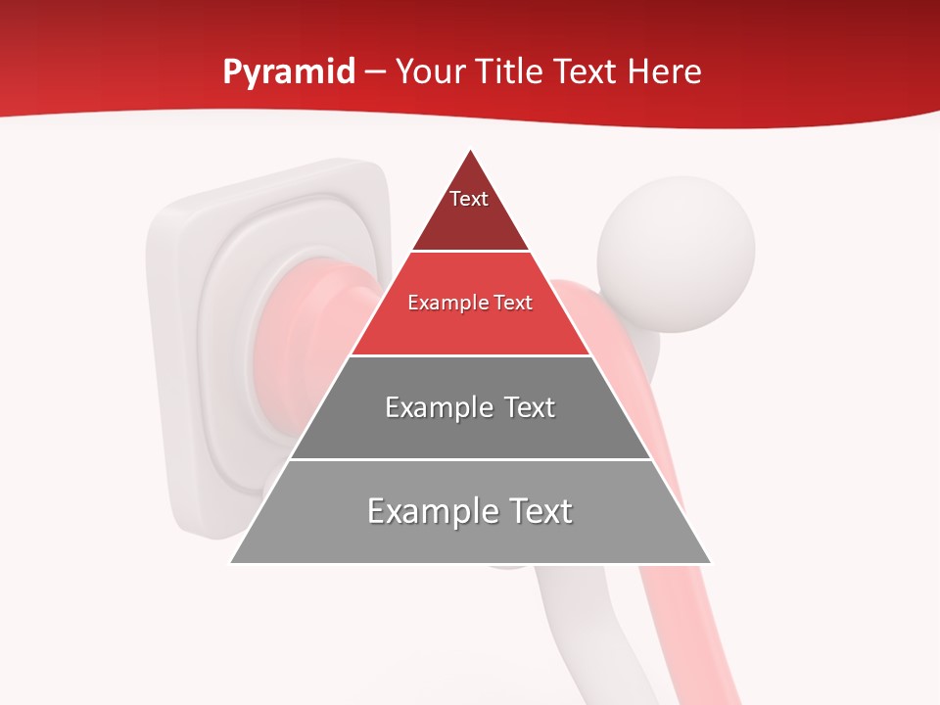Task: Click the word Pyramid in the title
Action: click(x=288, y=72)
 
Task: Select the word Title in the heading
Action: click(x=509, y=72)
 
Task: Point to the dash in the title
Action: click(x=375, y=72)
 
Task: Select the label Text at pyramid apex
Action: click(x=469, y=199)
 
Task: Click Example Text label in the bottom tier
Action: click(x=470, y=511)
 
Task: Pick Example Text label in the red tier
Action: click(x=470, y=303)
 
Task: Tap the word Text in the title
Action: click(x=585, y=72)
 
